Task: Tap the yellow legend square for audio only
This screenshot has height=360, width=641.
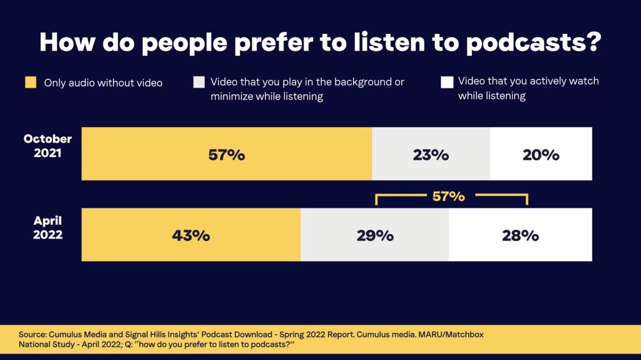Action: (31, 83)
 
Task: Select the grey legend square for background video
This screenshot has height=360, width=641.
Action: (199, 83)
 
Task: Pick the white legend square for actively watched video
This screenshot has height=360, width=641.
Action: (447, 83)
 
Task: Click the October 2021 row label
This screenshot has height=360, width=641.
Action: (48, 145)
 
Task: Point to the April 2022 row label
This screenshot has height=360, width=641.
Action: (48, 228)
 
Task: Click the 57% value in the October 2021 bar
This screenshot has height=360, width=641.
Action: (226, 155)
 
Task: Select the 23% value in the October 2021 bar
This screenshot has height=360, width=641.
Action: (431, 155)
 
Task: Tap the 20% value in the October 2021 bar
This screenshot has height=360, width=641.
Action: (541, 155)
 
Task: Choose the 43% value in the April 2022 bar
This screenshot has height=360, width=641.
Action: (191, 235)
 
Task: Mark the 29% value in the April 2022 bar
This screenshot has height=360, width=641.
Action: (375, 235)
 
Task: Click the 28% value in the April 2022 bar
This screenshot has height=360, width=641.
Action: (520, 235)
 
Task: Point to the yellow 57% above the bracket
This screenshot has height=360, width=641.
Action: (448, 196)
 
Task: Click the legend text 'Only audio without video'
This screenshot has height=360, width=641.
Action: (103, 83)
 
